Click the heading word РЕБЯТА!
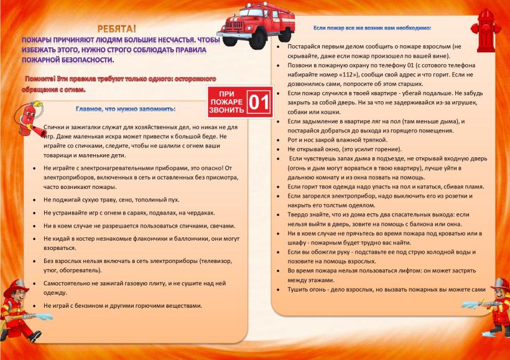click(116, 28)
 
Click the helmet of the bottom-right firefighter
click(499, 284)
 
